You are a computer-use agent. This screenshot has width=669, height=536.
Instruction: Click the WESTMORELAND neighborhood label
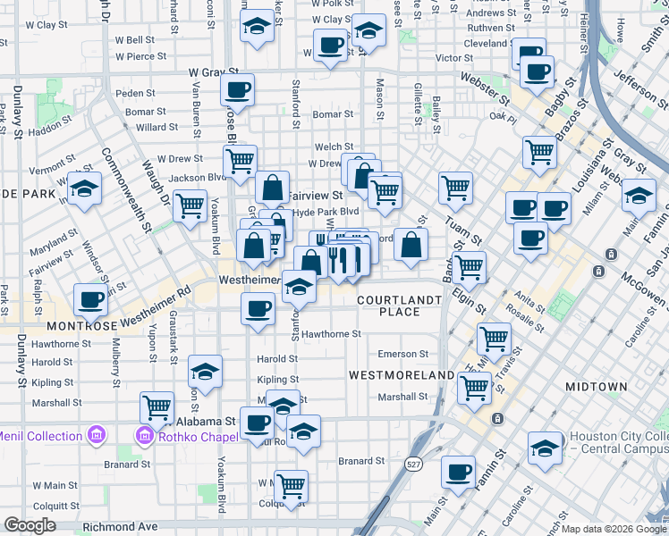[x=401, y=375]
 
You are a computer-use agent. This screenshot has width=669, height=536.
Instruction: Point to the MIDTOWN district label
[x=596, y=387]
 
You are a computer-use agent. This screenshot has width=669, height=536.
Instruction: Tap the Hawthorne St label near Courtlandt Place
[x=330, y=334]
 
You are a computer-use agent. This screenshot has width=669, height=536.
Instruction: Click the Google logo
[x=30, y=525]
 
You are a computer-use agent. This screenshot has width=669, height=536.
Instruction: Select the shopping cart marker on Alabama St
[x=157, y=407]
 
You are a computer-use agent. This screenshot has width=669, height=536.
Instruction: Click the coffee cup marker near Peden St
[x=237, y=89]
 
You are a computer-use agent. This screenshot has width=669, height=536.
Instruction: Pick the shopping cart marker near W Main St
[x=291, y=486]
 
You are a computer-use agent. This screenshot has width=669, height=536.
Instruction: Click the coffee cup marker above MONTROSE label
[x=90, y=300]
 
